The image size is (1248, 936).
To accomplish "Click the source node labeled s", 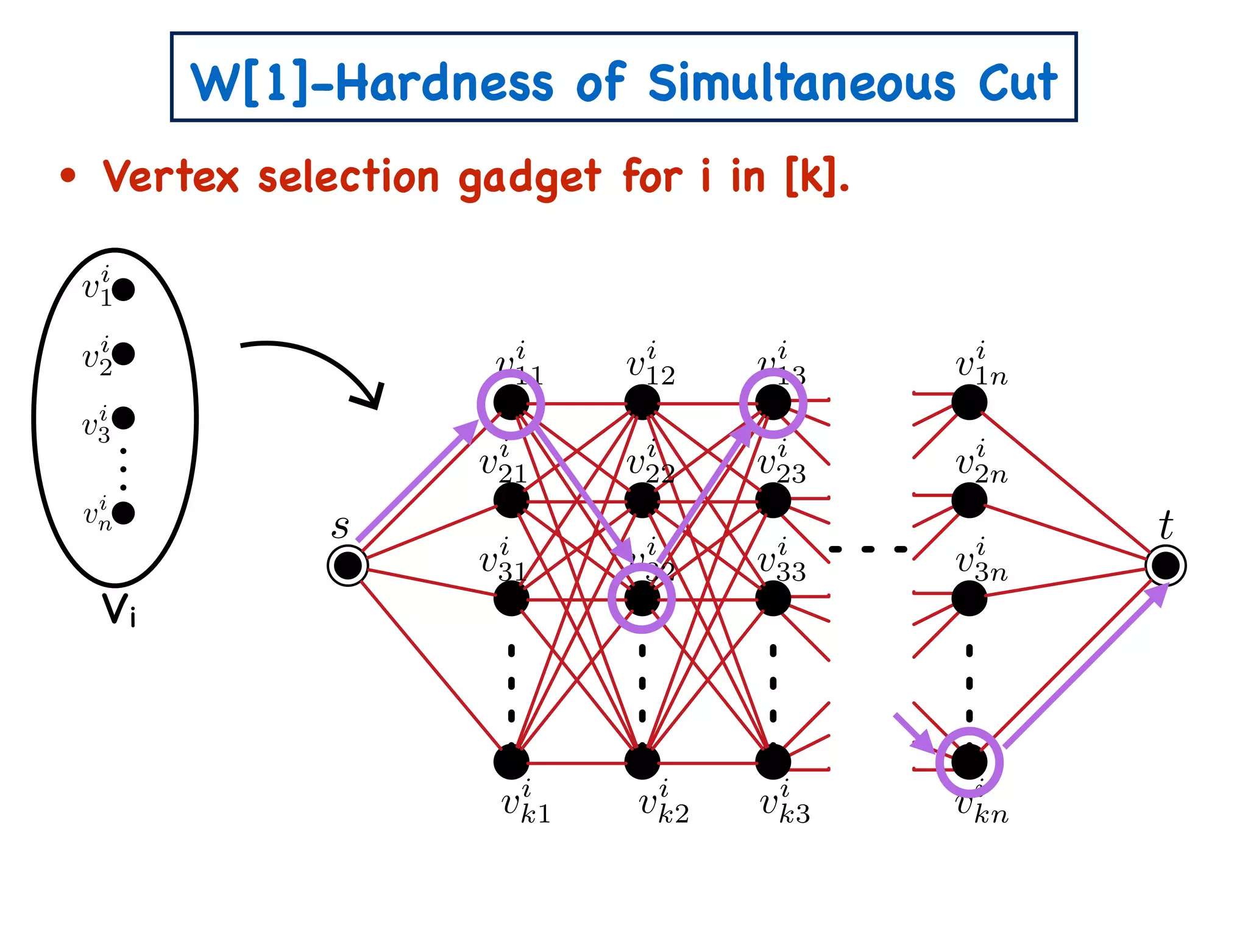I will [x=348, y=566].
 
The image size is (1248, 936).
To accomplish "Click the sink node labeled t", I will [x=1165, y=566].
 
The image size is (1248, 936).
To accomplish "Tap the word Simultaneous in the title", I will [x=801, y=83].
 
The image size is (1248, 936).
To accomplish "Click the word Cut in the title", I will [x=1018, y=83].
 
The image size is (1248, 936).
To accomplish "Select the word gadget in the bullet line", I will [x=529, y=178].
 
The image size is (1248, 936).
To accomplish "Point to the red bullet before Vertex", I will [x=68, y=177].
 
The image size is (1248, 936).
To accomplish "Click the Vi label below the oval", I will [x=119, y=609].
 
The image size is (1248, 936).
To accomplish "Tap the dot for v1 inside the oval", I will [x=124, y=289].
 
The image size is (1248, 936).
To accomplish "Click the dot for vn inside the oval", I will [x=124, y=513].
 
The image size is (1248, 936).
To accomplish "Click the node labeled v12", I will [x=642, y=402].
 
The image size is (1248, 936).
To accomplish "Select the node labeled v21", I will [x=511, y=500].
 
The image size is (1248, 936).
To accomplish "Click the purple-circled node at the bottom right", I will [x=969, y=762].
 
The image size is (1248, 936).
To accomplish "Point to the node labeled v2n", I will [x=969, y=500].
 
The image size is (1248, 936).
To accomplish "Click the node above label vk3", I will [x=773, y=762].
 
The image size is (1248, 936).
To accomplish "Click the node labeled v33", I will [x=773, y=598].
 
